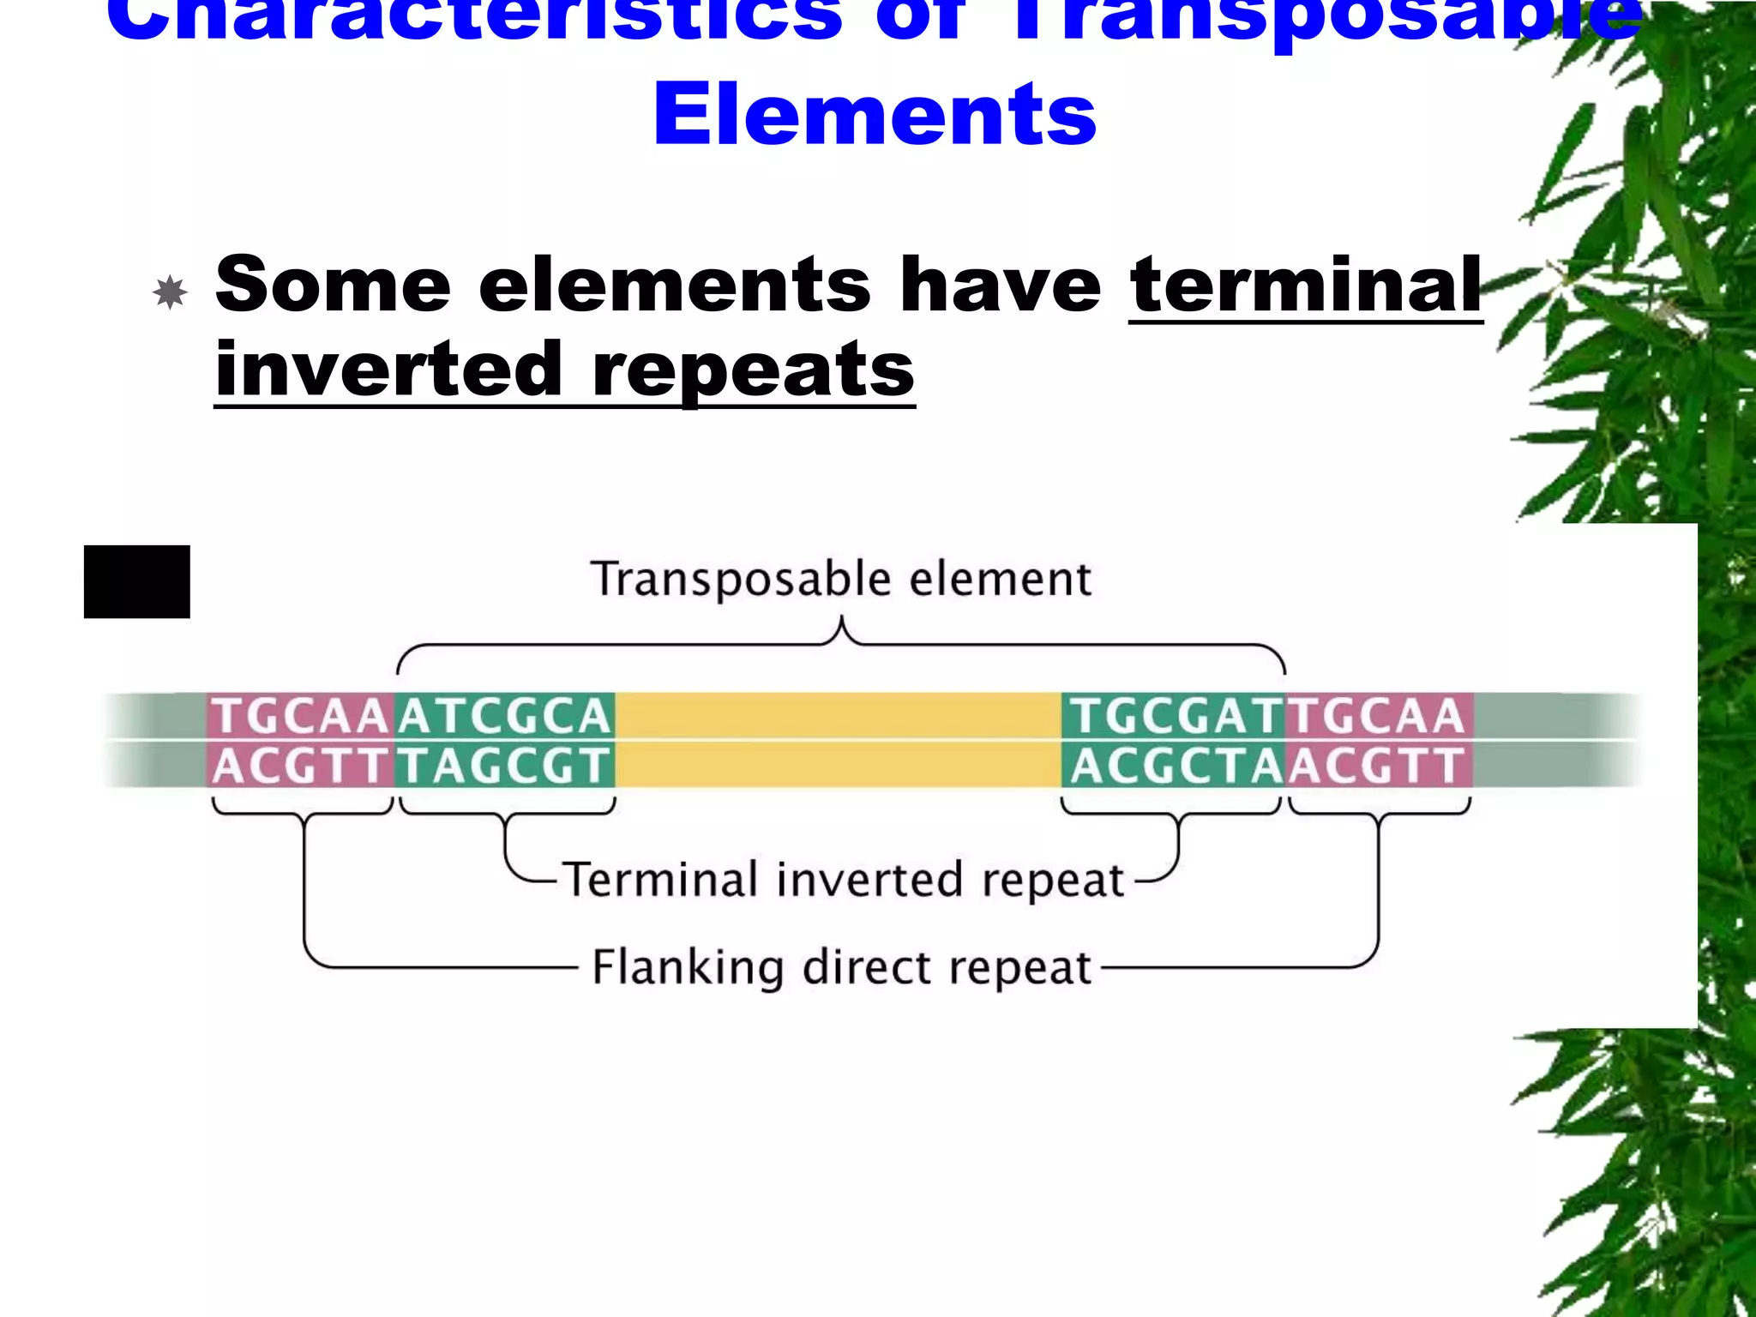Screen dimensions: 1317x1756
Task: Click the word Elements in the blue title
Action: point(875,116)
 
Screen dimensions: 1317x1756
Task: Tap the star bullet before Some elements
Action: point(170,292)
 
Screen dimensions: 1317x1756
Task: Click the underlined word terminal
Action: point(1305,286)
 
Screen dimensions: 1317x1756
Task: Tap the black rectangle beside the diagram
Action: point(137,581)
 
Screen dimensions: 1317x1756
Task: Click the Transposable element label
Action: point(840,580)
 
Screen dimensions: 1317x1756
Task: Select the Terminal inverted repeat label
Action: point(845,881)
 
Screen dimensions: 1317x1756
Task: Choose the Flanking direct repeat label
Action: point(841,968)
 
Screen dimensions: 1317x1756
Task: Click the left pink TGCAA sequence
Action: point(300,716)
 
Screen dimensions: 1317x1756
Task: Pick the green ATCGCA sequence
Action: point(505,716)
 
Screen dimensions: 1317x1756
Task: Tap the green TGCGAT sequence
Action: point(1173,716)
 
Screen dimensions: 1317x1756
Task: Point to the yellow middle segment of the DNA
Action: point(838,740)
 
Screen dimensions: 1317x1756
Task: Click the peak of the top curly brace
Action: point(842,619)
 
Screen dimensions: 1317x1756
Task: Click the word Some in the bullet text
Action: point(333,286)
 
